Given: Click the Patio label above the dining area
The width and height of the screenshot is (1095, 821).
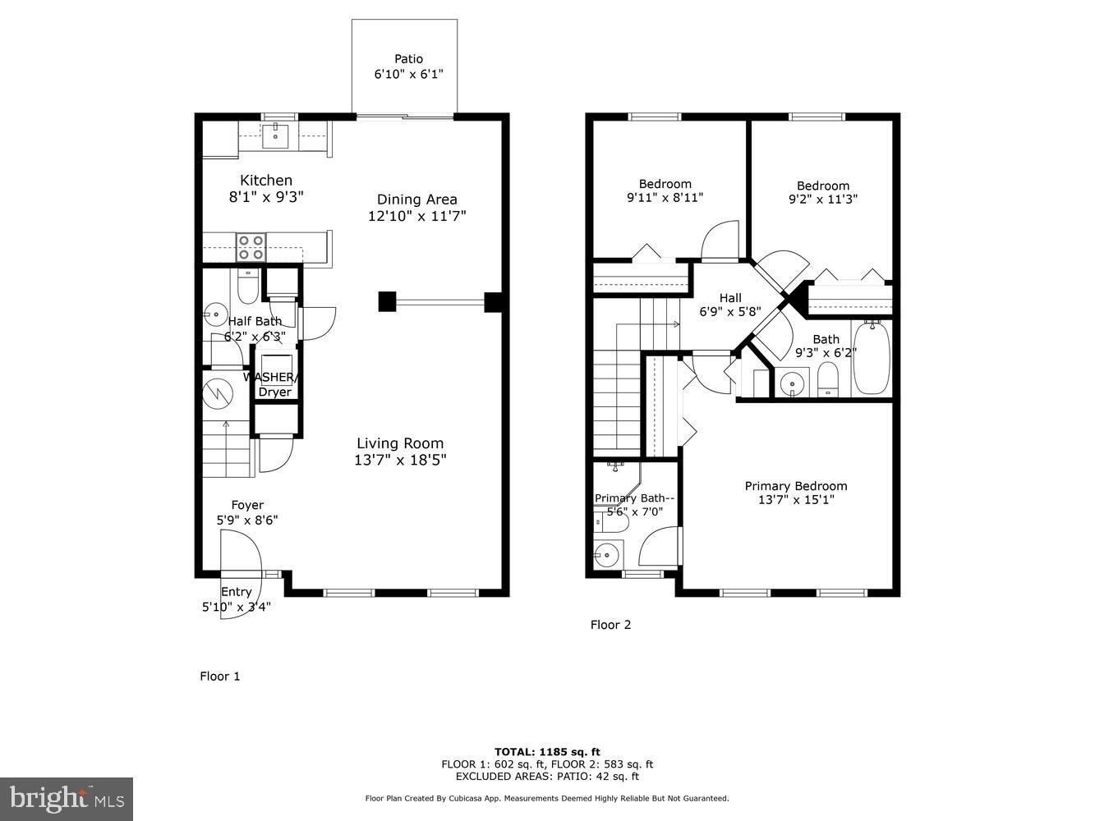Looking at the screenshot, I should click(408, 59).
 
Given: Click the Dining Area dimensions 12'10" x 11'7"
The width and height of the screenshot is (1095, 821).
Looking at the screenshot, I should click(417, 216).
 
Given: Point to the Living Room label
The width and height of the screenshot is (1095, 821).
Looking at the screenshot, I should click(400, 443).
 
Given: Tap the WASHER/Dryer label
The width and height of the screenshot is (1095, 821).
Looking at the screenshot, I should click(270, 384).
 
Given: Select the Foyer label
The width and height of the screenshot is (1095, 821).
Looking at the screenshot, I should click(247, 505).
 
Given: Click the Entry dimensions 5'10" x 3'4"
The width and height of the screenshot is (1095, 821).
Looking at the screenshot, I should click(237, 607).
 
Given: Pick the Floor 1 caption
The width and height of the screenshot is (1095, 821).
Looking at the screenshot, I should click(220, 677).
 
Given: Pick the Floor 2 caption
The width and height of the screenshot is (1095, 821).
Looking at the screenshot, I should click(610, 625).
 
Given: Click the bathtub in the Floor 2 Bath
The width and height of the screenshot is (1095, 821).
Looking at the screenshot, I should click(872, 359).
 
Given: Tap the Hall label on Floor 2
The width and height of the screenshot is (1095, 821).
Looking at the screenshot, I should click(730, 298).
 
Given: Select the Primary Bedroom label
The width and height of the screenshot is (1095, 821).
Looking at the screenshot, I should click(795, 486).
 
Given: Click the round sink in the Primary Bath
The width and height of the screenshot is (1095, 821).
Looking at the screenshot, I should click(606, 555).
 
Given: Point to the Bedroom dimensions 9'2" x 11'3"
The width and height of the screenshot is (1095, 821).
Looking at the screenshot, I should click(822, 199).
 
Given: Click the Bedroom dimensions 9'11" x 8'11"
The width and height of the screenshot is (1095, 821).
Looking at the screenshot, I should click(665, 197).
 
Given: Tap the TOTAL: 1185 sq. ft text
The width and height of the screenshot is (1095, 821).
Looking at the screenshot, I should click(547, 751).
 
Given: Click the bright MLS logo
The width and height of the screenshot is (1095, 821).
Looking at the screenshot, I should click(67, 797).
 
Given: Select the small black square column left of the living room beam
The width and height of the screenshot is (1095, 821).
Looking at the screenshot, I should click(387, 301).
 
